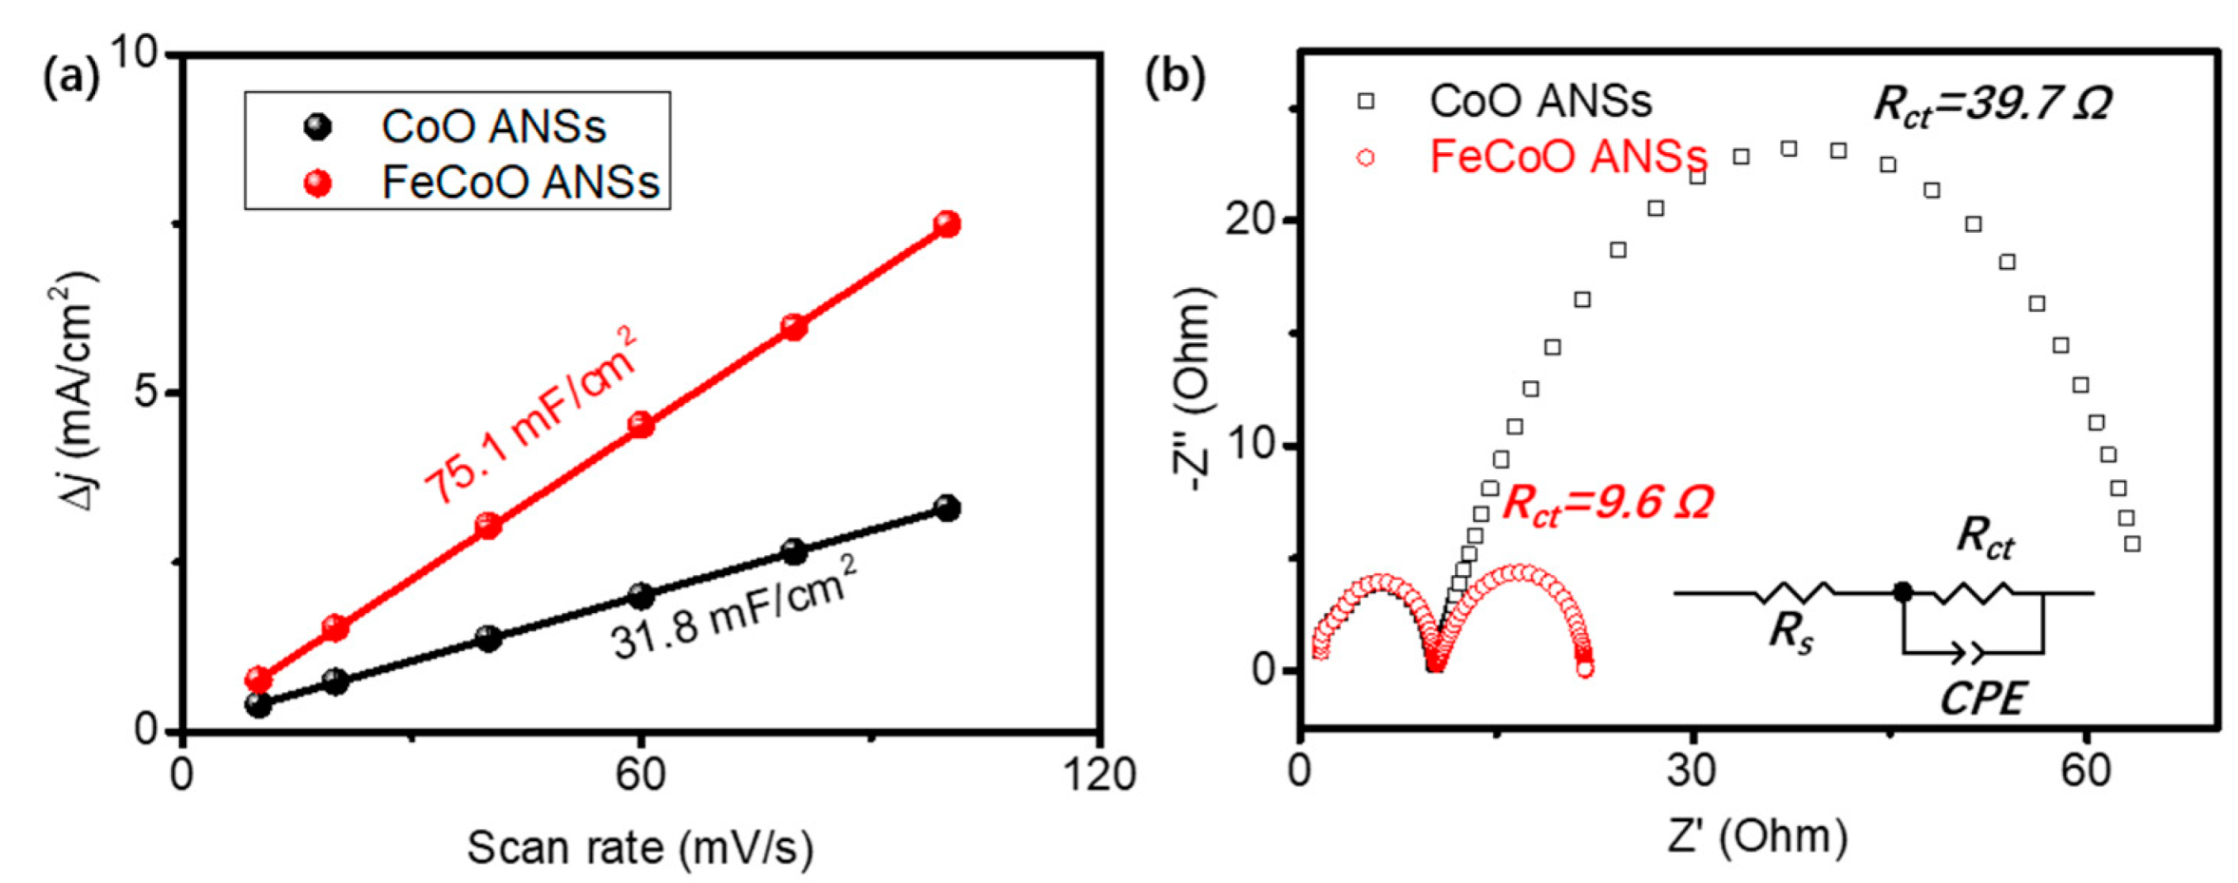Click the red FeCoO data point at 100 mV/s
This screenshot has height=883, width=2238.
947,224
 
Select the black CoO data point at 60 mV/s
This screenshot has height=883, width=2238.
641,596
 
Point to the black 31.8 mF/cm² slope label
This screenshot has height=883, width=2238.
734,608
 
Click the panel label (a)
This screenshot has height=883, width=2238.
69,77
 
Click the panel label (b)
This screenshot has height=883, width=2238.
1176,75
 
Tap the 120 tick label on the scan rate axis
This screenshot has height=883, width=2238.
1099,776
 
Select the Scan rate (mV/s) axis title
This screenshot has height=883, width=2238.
640,847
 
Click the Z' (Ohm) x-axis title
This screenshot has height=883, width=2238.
1757,836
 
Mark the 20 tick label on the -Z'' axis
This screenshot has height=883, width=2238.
1251,221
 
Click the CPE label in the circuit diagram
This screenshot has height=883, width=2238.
1982,700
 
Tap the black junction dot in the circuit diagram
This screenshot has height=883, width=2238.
1903,593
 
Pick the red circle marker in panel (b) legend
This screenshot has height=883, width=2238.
1366,158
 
